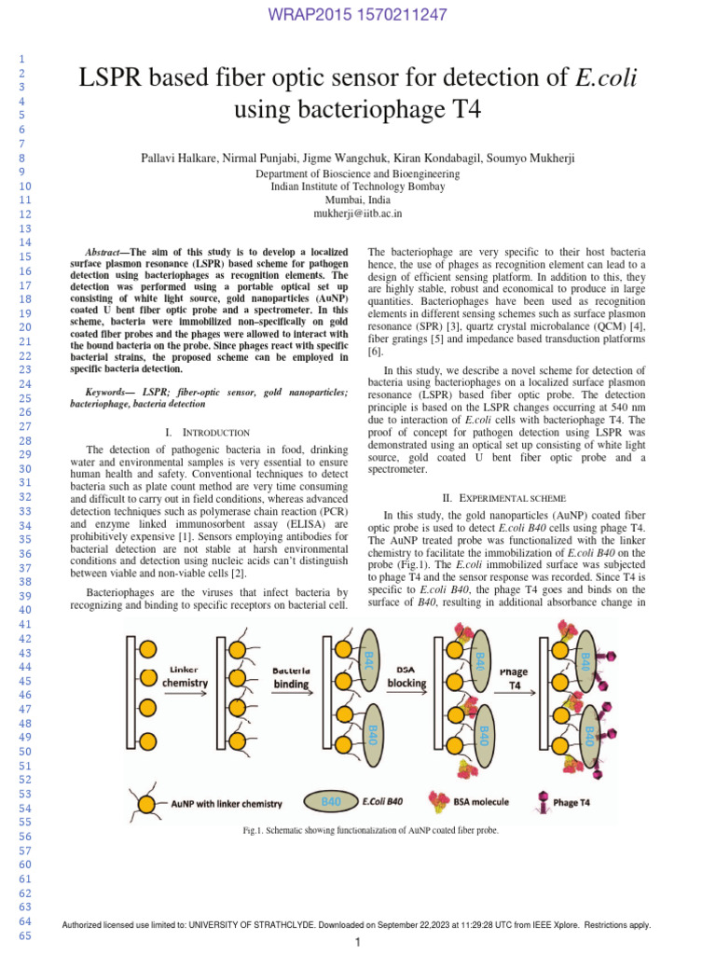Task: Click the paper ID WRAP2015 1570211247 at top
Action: tap(357, 15)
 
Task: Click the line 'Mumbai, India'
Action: tap(357, 200)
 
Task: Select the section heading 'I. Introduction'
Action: tap(207, 433)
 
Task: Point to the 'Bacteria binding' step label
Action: tap(292, 676)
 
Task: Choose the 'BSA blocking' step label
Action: tap(406, 676)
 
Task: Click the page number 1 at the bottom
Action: tap(357, 944)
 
